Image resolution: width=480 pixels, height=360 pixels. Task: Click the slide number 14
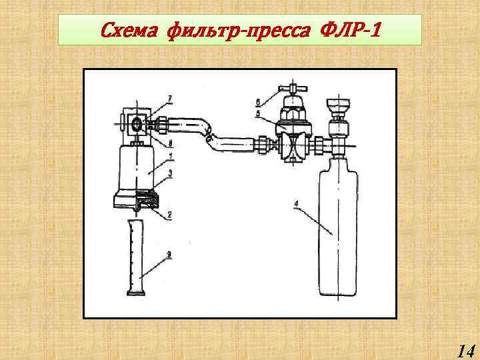(x=465, y=351)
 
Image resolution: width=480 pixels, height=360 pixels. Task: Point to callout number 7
(x=170, y=99)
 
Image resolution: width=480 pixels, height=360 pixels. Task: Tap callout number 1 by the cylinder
(x=171, y=157)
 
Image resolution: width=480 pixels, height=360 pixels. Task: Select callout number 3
(x=171, y=173)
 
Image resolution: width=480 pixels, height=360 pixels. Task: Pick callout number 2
(x=170, y=215)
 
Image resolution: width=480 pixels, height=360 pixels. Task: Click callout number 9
(x=170, y=254)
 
